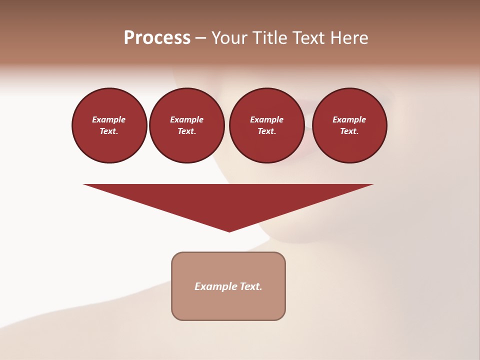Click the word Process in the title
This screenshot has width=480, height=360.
[x=157, y=38]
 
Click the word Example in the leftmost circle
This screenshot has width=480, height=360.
[x=109, y=119]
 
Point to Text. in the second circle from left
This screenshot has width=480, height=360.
[x=186, y=131]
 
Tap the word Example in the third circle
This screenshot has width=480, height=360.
[x=266, y=119]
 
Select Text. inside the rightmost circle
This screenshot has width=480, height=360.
[x=349, y=131]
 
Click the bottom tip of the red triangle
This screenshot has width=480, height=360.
[x=229, y=230]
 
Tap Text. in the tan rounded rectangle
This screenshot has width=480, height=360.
[x=251, y=286]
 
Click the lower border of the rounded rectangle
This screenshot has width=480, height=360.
[x=228, y=319]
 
